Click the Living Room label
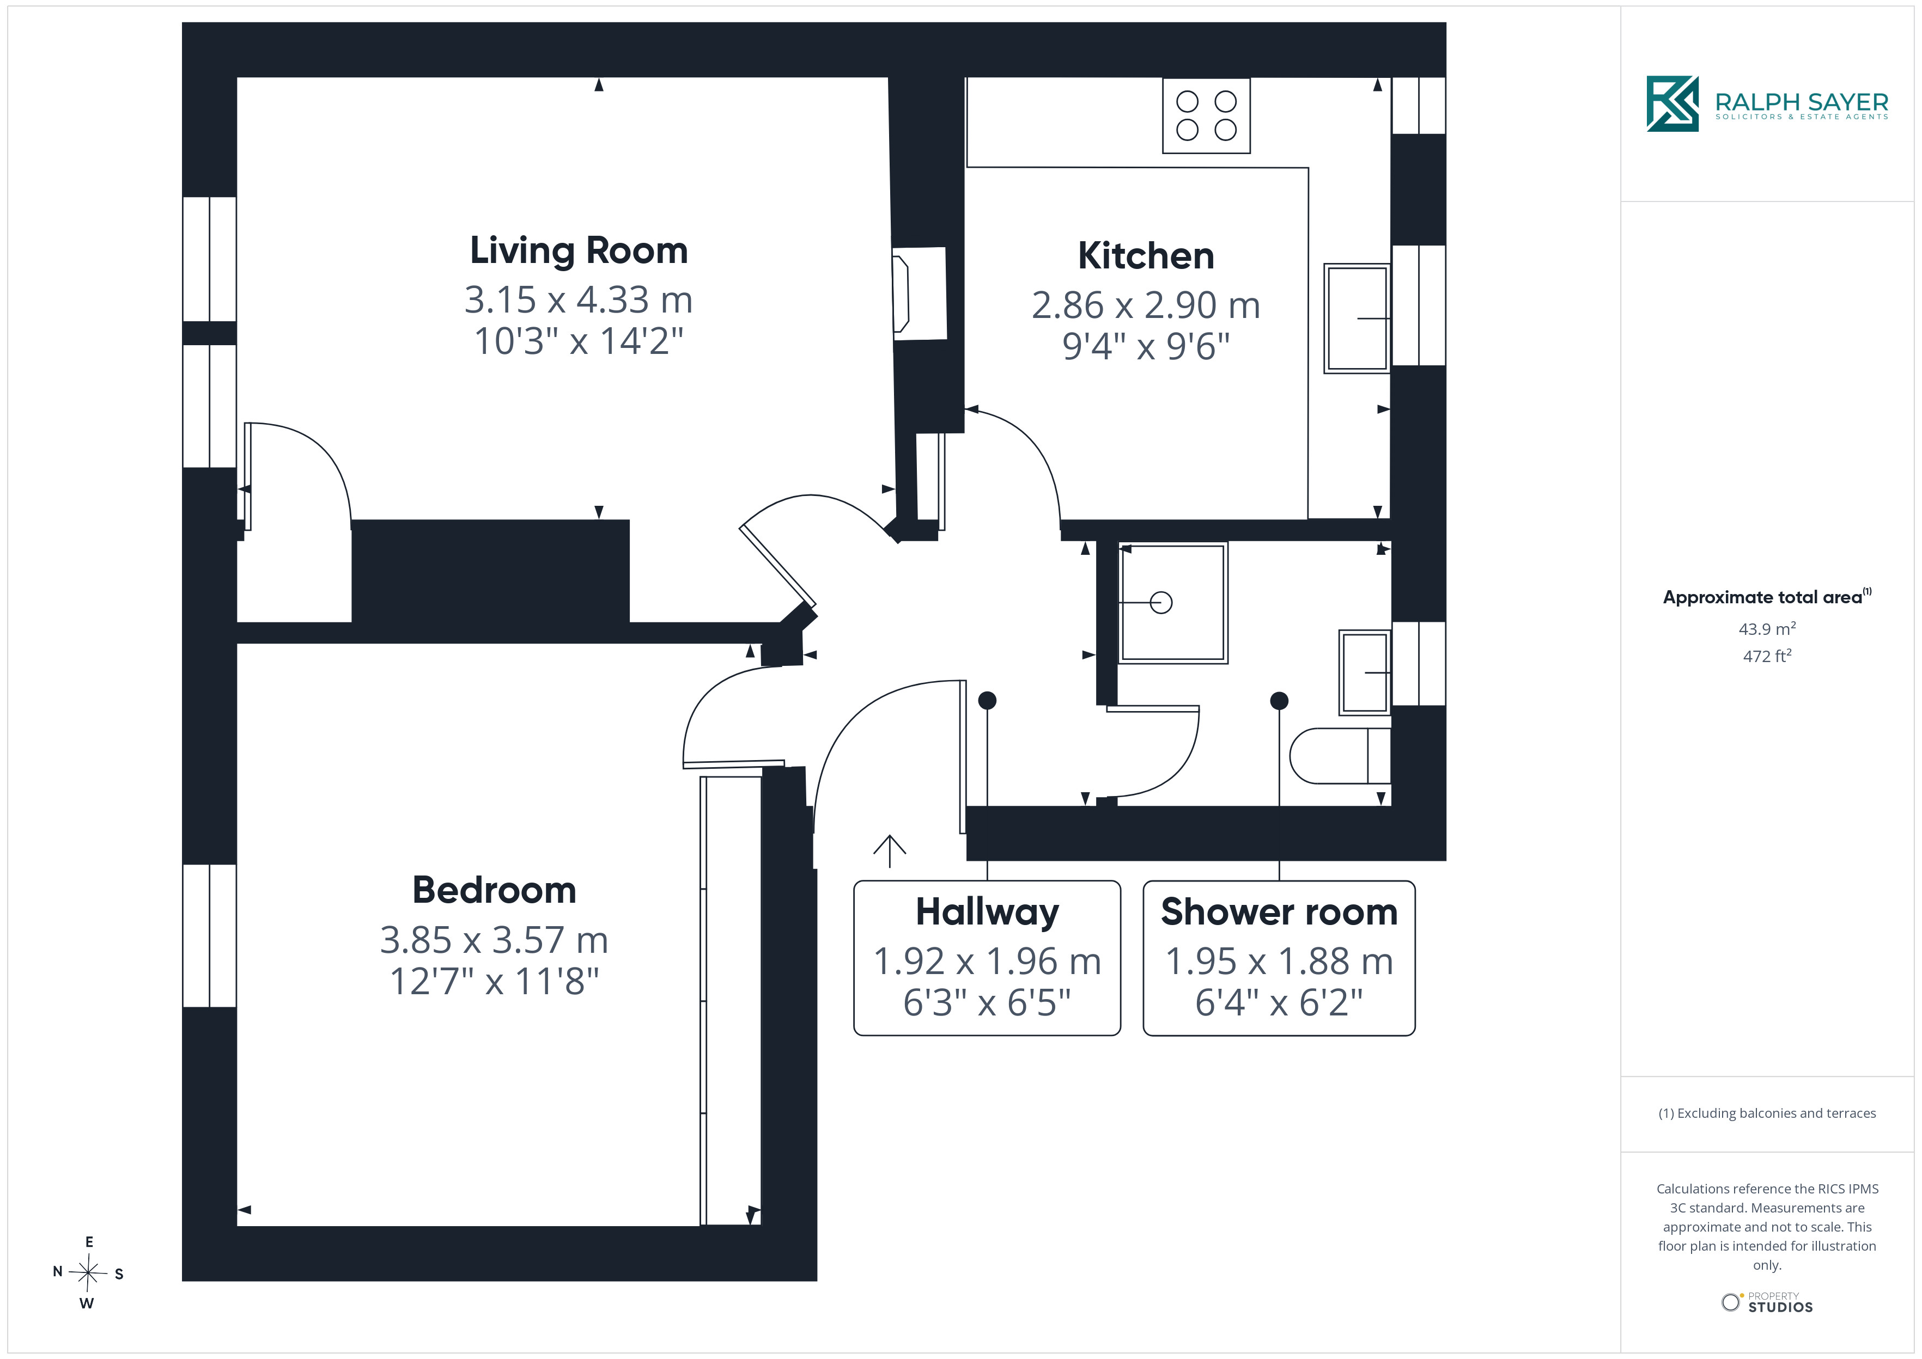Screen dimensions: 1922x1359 579,250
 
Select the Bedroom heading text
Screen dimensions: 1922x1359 494,890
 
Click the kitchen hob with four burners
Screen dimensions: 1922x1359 1206,115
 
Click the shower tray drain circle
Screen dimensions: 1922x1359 1161,603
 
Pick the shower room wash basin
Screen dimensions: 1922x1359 1365,672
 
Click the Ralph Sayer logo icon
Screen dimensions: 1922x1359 1672,104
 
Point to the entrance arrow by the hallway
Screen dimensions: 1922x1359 890,851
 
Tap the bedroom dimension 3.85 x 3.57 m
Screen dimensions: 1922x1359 494,940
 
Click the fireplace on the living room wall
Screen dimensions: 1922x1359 919,293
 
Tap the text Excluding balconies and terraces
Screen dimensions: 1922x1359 1777,1113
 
